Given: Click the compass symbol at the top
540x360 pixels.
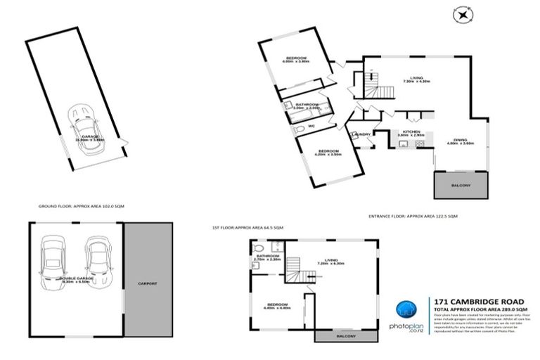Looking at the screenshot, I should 462,13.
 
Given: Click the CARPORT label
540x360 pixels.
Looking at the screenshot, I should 148,283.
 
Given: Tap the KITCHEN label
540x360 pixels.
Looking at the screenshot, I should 411,131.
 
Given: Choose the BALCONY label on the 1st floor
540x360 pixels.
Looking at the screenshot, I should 345,336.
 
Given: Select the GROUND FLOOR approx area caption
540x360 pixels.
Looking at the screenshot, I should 77,207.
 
